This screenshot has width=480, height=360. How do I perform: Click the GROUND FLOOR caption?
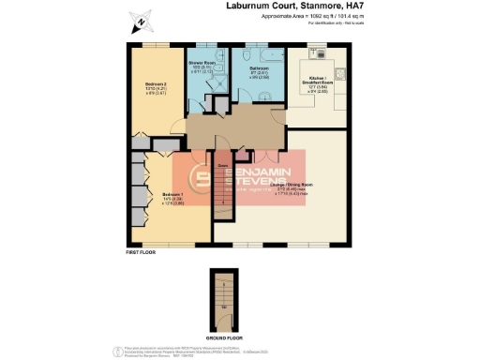point(222,335)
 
